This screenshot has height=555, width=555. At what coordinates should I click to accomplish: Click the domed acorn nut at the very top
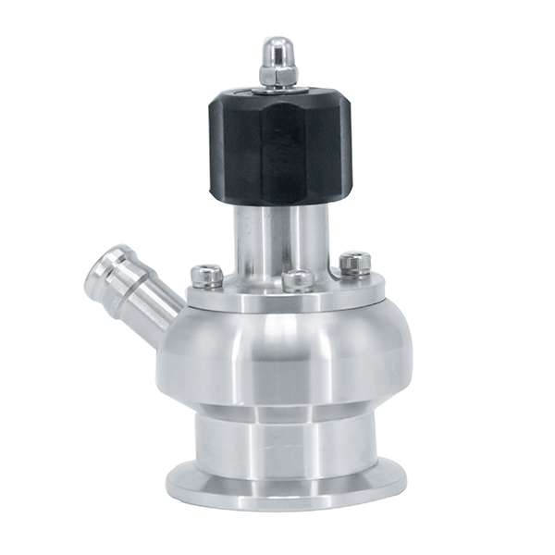pos(277,60)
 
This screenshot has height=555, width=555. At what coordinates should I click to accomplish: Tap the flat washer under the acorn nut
pos(277,88)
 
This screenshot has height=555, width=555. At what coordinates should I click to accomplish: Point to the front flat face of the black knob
pos(276,153)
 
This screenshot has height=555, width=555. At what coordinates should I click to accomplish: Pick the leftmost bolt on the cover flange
pos(208,277)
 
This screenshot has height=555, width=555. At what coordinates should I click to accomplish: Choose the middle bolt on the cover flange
pos(298,280)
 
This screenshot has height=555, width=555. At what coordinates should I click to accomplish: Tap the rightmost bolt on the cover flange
pos(355,264)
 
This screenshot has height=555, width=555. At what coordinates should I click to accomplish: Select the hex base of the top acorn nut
pos(277,76)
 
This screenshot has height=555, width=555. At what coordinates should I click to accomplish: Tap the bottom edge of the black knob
pos(278,202)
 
